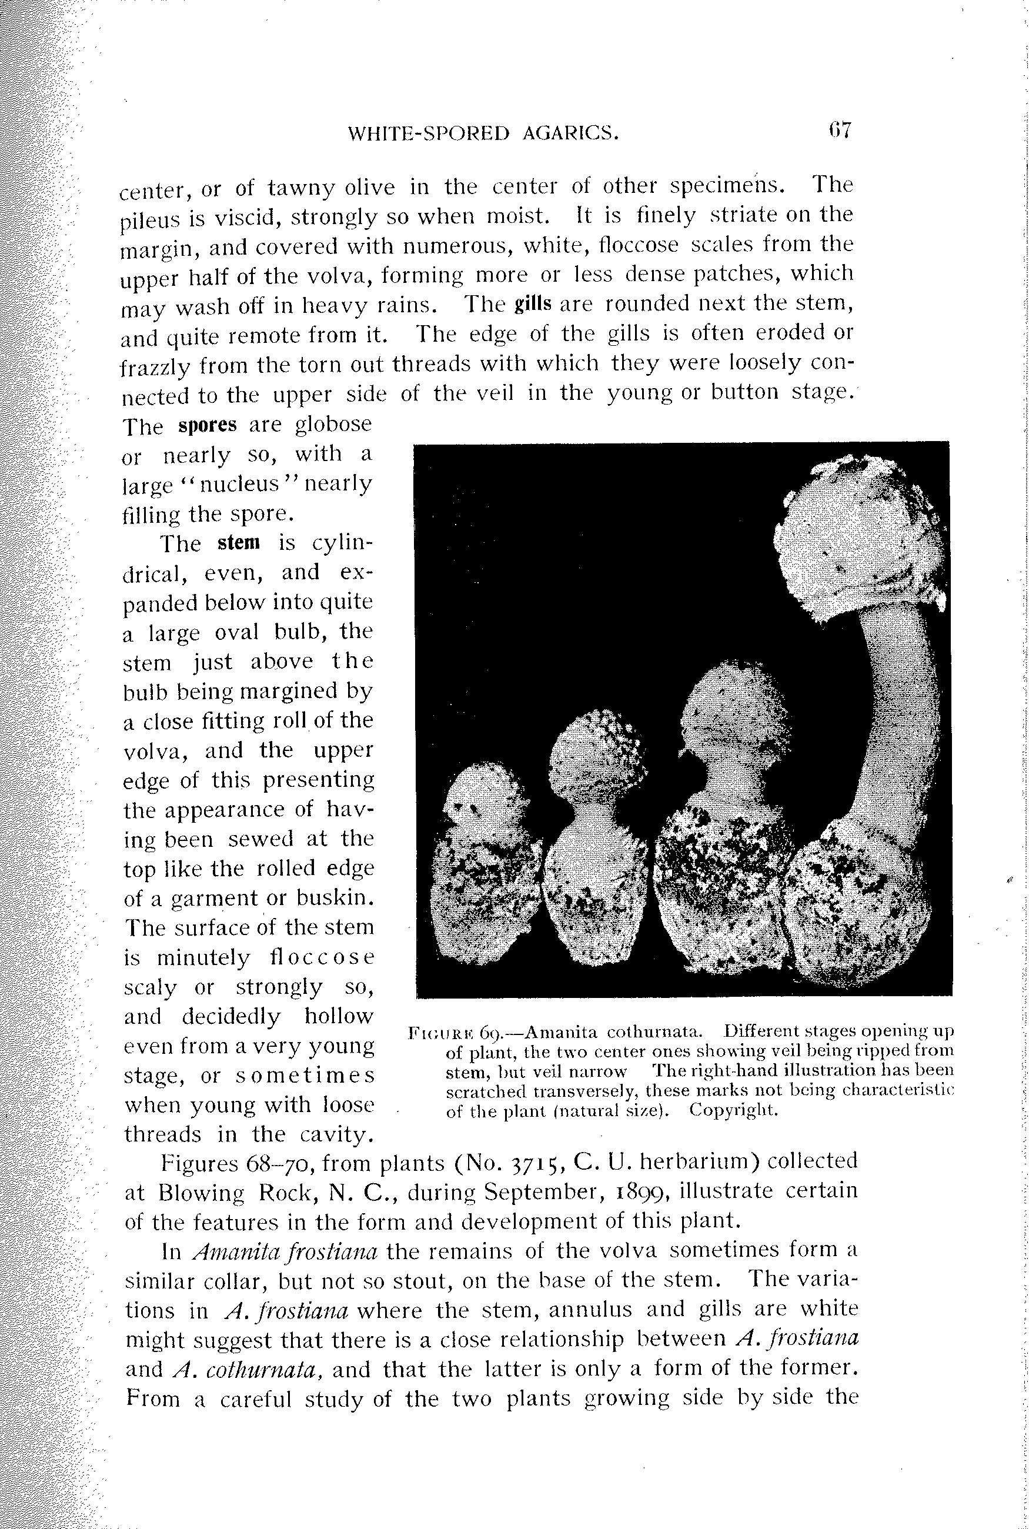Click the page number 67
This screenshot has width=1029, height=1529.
(x=839, y=130)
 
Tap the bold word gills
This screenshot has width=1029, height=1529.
(x=533, y=304)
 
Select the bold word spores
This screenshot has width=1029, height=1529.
(x=207, y=425)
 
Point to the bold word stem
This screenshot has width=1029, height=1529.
(x=239, y=543)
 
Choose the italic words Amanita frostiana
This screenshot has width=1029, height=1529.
(x=285, y=1252)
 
